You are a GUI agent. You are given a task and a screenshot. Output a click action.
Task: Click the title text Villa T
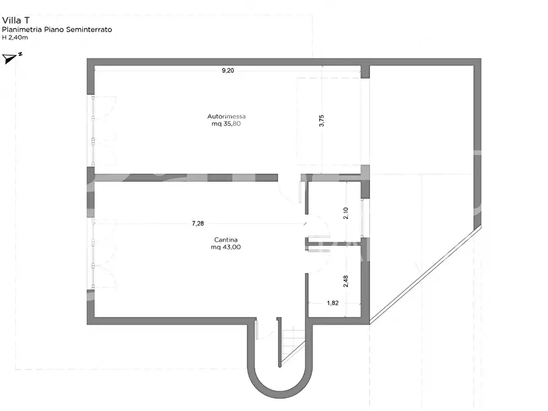coord(16,20)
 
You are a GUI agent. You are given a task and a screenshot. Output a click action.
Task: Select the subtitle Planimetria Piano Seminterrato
coord(57,29)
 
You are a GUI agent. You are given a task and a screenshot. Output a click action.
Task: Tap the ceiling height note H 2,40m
coord(15,37)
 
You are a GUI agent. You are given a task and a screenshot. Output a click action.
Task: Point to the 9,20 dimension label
coord(228,71)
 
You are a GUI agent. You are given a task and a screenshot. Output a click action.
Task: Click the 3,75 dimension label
coord(322,121)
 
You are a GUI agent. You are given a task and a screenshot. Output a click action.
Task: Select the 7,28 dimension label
coord(198,223)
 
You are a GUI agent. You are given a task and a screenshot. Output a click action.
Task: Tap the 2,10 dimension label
coord(345,213)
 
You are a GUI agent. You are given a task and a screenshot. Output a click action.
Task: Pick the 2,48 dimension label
coord(345,282)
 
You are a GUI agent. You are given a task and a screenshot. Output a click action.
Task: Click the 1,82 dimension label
coord(333,303)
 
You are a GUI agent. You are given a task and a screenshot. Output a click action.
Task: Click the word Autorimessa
coord(226,117)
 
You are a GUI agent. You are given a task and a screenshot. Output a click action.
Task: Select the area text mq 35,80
coord(226,124)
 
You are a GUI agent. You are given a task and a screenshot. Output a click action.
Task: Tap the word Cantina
coord(226,240)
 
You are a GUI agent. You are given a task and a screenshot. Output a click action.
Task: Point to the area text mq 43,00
coord(226,247)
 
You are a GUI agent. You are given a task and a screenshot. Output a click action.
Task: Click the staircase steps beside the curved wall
coord(293,346)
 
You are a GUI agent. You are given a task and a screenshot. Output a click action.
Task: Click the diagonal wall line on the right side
coord(425,275)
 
